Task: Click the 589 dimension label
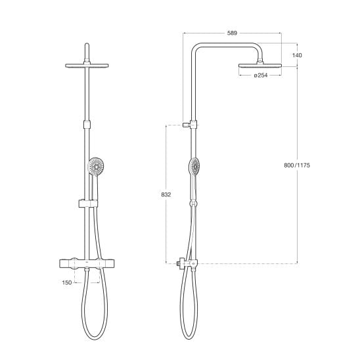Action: [232, 33]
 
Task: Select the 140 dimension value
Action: [297, 55]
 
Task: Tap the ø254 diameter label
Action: [261, 75]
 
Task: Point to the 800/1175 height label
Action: [297, 165]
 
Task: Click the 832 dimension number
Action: [166, 194]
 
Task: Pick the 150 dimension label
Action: [67, 282]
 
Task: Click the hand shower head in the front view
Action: [96, 166]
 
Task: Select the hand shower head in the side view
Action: [194, 166]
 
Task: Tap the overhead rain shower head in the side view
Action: [260, 66]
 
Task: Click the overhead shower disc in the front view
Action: [87, 66]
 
